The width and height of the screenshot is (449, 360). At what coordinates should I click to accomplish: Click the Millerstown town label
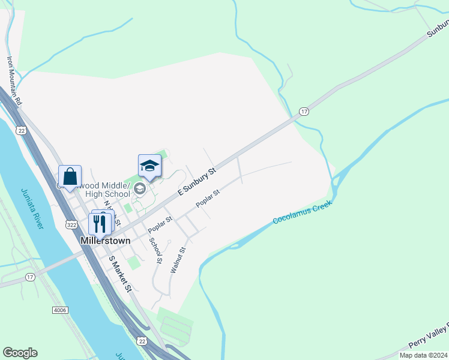click(106, 240)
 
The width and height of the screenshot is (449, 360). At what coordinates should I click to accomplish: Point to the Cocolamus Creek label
click(302, 212)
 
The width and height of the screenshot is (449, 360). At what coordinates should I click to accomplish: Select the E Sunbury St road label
click(196, 184)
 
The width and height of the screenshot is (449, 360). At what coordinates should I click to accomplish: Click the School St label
click(155, 251)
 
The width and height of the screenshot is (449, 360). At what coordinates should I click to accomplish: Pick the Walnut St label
click(178, 260)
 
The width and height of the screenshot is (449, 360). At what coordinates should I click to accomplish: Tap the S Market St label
click(119, 274)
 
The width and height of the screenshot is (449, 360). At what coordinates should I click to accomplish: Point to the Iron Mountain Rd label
click(14, 81)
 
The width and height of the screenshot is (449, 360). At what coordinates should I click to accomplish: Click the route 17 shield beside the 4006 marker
click(30, 277)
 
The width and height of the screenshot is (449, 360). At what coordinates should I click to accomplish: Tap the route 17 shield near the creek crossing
click(304, 112)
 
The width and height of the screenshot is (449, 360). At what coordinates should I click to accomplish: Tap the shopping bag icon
click(70, 176)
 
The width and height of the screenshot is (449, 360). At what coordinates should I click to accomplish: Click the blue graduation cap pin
click(149, 166)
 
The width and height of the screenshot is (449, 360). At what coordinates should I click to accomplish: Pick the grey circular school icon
click(140, 190)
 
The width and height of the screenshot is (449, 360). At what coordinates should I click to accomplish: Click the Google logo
click(20, 353)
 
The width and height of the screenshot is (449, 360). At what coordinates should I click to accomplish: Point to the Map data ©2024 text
click(424, 355)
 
